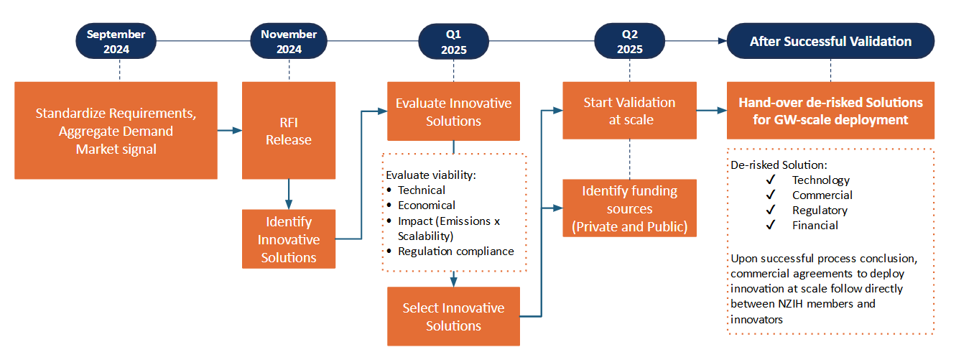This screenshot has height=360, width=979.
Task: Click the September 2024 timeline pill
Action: [116, 41]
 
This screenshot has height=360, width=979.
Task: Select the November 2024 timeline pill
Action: [289, 41]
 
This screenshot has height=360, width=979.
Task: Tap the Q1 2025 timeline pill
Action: [454, 41]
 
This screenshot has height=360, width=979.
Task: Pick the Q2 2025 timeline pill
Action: [630, 41]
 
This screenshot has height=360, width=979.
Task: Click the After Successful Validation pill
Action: [830, 41]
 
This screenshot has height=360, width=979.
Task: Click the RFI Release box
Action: [289, 130]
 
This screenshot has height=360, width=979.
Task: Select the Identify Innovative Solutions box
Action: [289, 239]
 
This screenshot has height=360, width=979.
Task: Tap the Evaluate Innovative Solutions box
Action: [454, 111]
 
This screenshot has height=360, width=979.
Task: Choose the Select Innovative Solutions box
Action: [454, 316]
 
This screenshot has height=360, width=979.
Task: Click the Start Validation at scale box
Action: [630, 110]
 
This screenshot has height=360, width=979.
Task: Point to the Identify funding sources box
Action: [630, 208]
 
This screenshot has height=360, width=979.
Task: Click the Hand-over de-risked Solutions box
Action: [830, 110]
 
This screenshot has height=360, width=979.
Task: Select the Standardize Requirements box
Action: [116, 130]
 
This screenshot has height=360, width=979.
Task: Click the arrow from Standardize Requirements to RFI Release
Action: [230, 130]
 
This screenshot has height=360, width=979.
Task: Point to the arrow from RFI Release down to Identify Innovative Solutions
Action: [289, 194]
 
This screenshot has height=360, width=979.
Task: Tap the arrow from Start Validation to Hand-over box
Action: [712, 110]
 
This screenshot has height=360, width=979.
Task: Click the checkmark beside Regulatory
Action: [771, 210]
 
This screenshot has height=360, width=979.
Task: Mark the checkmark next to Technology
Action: [771, 180]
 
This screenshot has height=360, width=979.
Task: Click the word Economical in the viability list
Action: [427, 206]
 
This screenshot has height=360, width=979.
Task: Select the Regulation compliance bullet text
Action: [456, 251]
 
